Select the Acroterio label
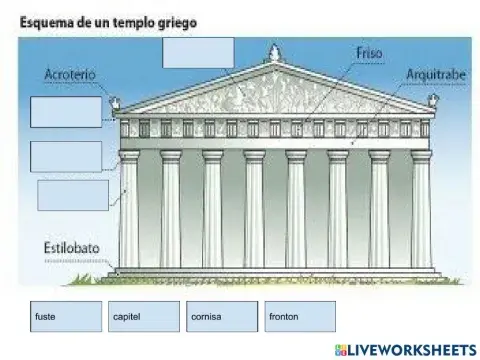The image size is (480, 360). click(71, 74)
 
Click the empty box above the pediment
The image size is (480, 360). click(197, 57)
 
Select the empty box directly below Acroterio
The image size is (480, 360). click(66, 112)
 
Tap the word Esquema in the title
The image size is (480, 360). click(48, 20)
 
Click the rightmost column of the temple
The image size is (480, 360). click(421, 212)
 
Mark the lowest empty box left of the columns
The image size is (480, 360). click(73, 195)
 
